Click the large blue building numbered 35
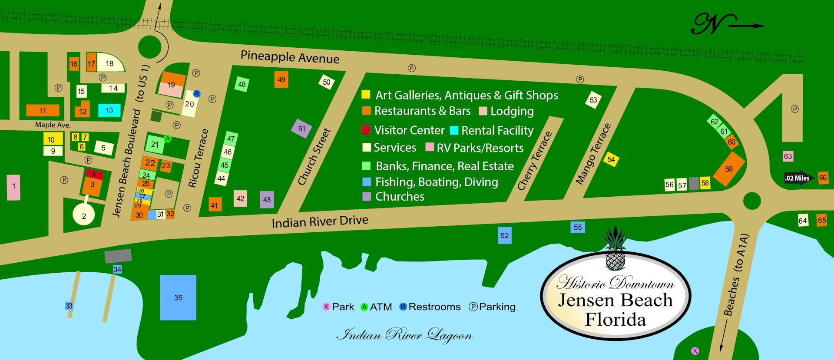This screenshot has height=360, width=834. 178,297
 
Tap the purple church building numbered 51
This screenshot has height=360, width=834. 301,129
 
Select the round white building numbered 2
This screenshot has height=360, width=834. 84,215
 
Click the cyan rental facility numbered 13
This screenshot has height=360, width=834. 109,110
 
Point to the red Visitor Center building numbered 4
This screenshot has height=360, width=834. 94,174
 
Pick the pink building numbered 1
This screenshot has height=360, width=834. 13,187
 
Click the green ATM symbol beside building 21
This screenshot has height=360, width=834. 167,139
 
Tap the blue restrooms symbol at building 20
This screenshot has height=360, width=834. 196,94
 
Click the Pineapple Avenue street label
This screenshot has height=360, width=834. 290,57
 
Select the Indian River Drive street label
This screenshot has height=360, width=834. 320,221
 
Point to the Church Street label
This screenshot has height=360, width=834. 314,156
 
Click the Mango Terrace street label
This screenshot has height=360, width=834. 593,154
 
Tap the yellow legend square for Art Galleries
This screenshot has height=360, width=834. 366,94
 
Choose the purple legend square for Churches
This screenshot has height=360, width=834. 367,196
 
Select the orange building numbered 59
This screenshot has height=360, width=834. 729,169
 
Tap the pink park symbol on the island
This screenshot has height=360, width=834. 695,351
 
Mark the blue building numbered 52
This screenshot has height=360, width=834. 504,235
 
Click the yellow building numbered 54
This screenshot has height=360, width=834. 611,160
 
